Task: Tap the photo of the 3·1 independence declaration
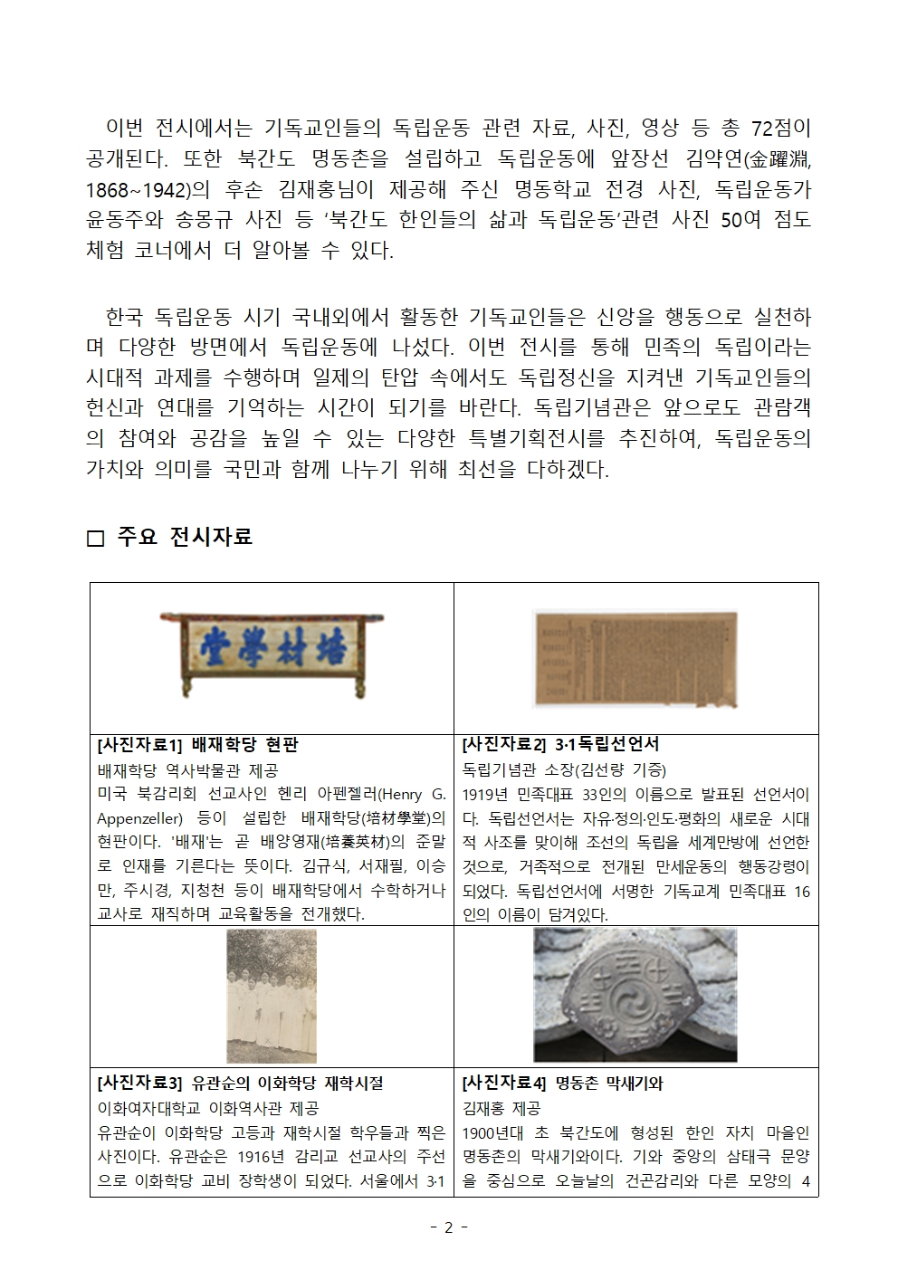tap(635, 658)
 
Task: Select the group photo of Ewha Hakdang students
tap(272, 995)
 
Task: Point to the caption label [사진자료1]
tap(139, 745)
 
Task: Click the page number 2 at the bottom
tap(449, 1228)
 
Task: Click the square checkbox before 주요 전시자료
tap(96, 539)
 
